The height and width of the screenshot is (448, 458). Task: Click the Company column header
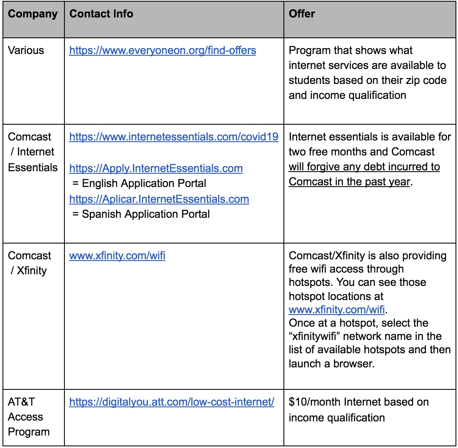pyautogui.click(x=33, y=14)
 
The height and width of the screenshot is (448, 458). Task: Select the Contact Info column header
pyautogui.click(x=101, y=14)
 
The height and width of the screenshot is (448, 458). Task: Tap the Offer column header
pyautogui.click(x=302, y=14)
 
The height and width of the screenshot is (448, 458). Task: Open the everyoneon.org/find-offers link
pyautogui.click(x=163, y=51)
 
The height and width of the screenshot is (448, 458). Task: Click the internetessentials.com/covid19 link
pyautogui.click(x=174, y=137)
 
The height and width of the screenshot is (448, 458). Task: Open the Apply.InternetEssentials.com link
pyautogui.click(x=156, y=168)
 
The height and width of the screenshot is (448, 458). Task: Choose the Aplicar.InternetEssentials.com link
pyautogui.click(x=159, y=199)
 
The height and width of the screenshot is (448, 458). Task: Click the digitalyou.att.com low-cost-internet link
pyautogui.click(x=172, y=402)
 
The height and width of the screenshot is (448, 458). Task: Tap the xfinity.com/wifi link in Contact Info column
pyautogui.click(x=117, y=256)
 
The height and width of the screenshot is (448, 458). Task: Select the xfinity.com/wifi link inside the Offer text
pyautogui.click(x=337, y=310)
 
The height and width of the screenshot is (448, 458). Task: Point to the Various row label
pyautogui.click(x=26, y=51)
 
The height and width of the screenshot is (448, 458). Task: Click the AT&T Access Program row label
pyautogui.click(x=29, y=417)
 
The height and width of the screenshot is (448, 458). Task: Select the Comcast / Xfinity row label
pyautogui.click(x=30, y=263)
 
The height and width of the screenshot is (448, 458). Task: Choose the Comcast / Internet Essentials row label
pyautogui.click(x=32, y=152)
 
